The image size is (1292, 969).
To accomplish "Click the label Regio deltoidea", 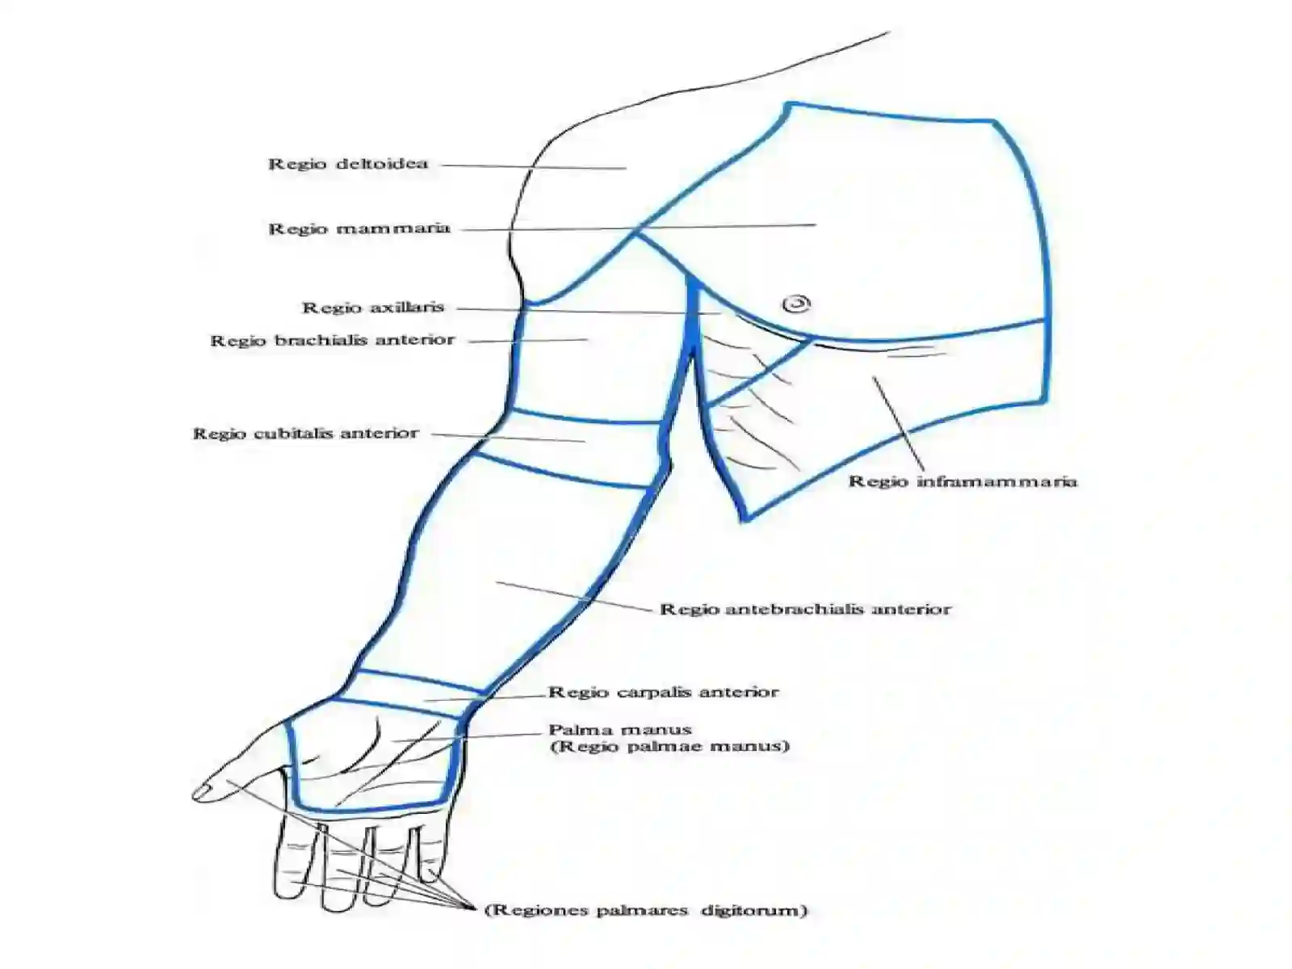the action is (348, 164).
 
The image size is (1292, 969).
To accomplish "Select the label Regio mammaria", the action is (359, 229).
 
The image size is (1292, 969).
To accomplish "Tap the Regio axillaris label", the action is (373, 307).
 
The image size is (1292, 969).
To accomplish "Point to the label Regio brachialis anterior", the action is (333, 340).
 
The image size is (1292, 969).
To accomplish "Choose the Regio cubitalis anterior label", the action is (306, 434).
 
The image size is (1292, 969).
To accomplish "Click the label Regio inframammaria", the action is (963, 481).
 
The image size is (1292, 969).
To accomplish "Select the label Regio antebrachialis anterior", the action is (804, 608).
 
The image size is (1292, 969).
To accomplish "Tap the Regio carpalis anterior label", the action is (664, 692).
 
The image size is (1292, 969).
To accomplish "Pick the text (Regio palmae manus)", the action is (669, 747).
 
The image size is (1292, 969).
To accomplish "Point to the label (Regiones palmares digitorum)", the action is (646, 910).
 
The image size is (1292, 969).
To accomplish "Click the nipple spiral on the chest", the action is (796, 304).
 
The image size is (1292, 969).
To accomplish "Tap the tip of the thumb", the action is (194, 795).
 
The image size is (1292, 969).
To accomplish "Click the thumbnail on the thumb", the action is (203, 791).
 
